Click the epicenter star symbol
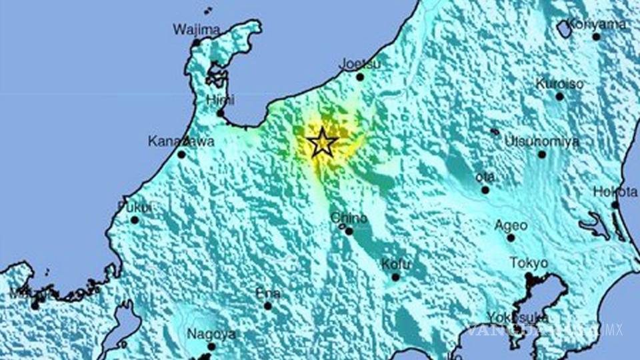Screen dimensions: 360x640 (x=322, y=143)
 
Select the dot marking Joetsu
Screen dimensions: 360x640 (x=360, y=77)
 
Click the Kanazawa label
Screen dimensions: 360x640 (x=171, y=141)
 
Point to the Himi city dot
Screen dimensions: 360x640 (x=221, y=113)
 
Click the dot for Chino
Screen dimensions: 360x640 (x=349, y=231)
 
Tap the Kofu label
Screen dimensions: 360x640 (x=395, y=264)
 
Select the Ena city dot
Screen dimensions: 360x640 (x=268, y=306)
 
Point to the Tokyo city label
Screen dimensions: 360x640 (x=529, y=263)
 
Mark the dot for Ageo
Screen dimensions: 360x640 (x=511, y=237)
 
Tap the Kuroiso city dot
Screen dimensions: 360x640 (x=559, y=96)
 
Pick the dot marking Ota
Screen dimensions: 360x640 (x=485, y=190)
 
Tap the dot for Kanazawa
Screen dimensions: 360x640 (x=181, y=154)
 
